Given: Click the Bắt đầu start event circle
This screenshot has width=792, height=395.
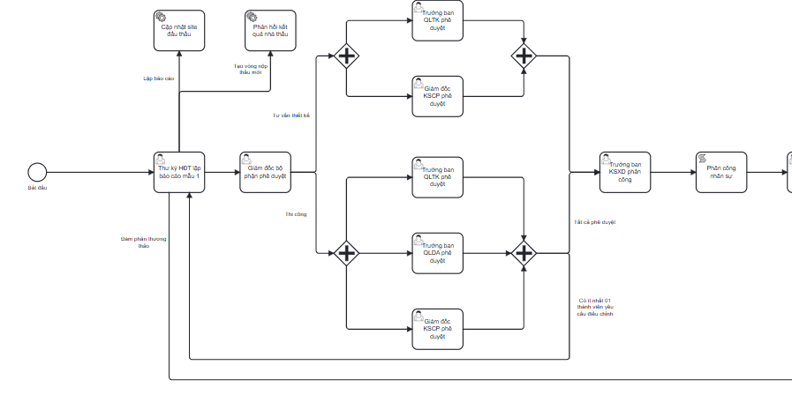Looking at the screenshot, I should point(37,171).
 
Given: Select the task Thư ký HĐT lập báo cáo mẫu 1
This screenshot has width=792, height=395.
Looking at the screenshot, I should point(179,171).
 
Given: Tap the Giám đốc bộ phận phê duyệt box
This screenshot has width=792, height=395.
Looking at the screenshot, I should point(266,171).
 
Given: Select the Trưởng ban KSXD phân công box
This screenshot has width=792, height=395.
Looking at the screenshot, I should point(626,171).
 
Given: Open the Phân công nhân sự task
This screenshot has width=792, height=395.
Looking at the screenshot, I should point(720,171).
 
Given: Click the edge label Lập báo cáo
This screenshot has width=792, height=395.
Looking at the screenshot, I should point(159,78).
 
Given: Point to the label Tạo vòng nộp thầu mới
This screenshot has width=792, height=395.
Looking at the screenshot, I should point(251,69).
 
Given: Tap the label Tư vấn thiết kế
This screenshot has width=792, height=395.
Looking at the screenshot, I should point(291,116).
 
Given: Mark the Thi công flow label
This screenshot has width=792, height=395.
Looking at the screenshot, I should point(295,213).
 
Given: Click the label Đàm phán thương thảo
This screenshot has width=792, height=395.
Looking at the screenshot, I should point(144,242).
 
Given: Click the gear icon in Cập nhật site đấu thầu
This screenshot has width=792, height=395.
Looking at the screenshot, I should point(160,17).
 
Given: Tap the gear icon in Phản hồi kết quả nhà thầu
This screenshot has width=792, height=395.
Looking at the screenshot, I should point(252,17).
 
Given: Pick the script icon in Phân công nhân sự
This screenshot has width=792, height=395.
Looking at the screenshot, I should point(702,158).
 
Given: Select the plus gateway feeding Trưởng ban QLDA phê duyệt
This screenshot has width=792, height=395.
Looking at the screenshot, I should point(345,254).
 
